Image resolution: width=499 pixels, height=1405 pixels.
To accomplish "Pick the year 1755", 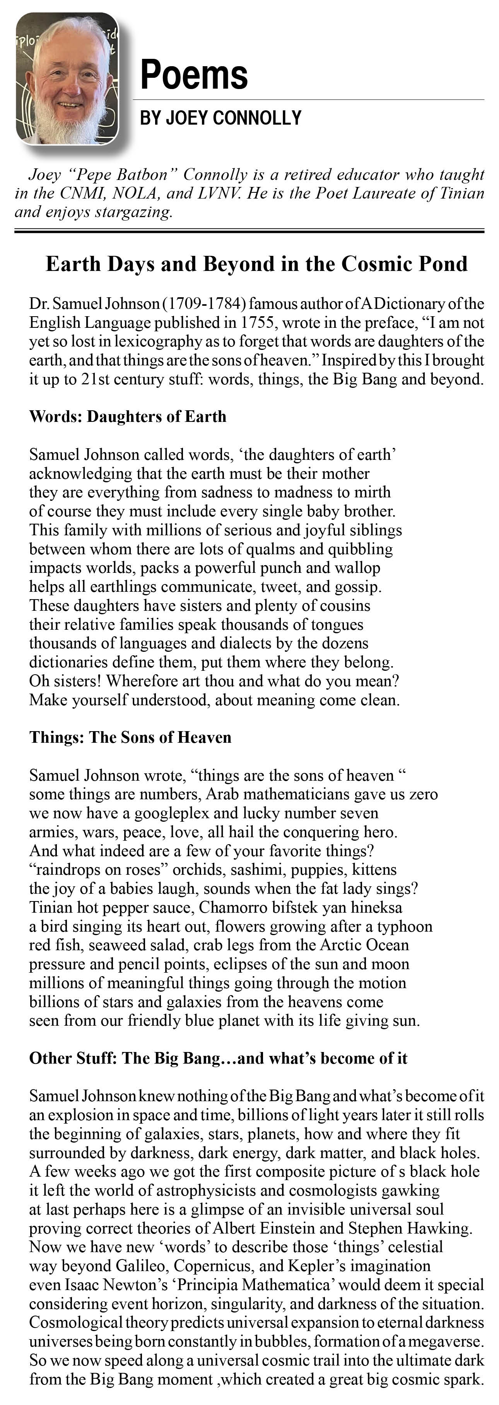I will pos(256,322).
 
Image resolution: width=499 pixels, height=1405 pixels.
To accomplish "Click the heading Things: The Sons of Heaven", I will pos(130,737).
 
